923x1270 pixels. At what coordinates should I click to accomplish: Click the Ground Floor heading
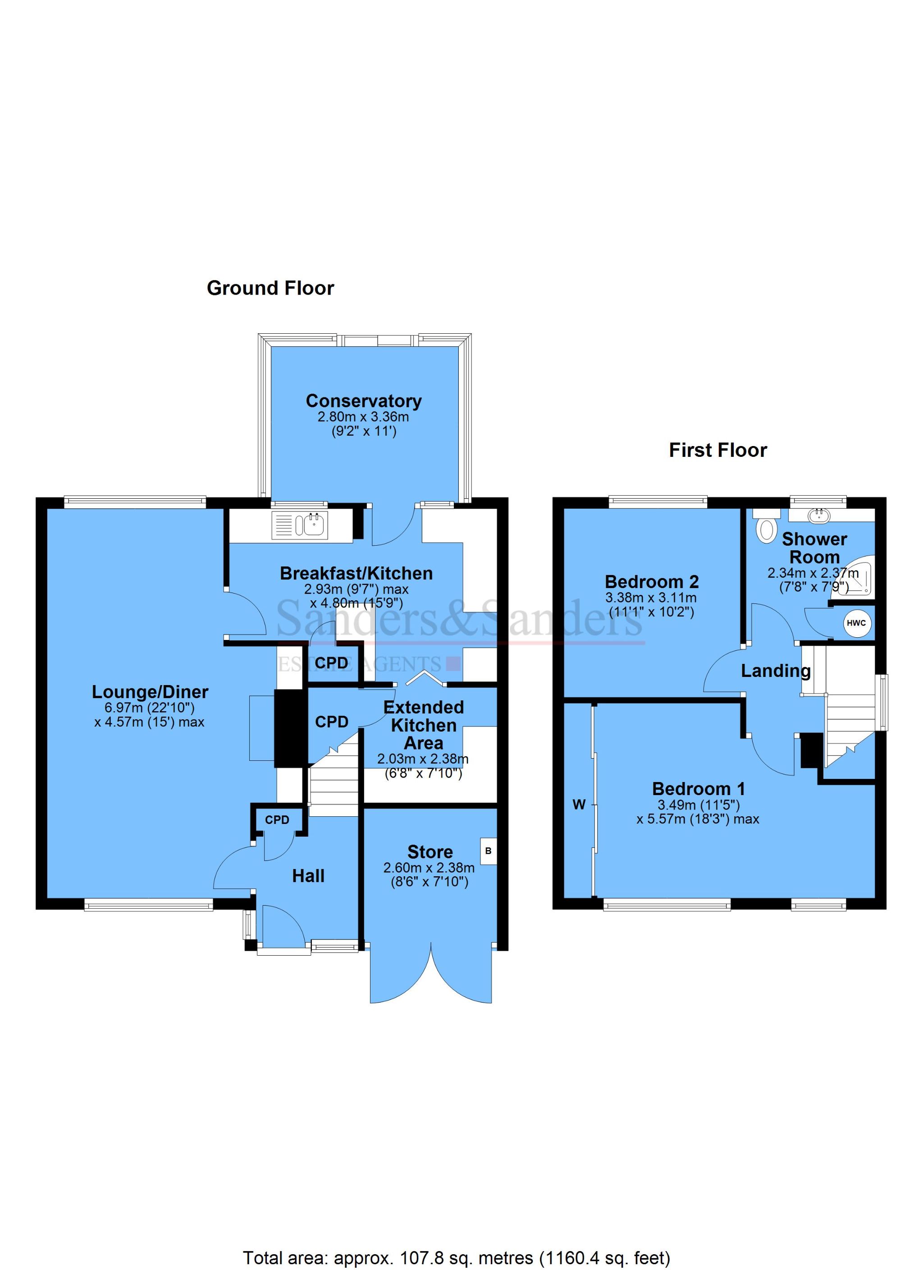tap(270, 288)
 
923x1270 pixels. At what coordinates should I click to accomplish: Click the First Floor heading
tap(717, 450)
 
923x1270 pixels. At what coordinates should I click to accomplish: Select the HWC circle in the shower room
tap(856, 623)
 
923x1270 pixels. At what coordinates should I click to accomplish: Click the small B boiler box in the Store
tap(488, 851)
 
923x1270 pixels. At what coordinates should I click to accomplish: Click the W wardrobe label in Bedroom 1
tap(579, 805)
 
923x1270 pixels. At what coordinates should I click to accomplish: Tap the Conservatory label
tap(363, 401)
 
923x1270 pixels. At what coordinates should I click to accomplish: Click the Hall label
tap(308, 876)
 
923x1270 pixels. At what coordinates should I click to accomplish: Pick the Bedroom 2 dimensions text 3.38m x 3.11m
tap(651, 598)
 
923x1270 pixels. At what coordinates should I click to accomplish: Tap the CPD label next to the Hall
tap(277, 820)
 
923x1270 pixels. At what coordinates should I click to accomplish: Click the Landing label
tap(775, 670)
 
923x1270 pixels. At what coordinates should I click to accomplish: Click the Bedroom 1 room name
tap(698, 789)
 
